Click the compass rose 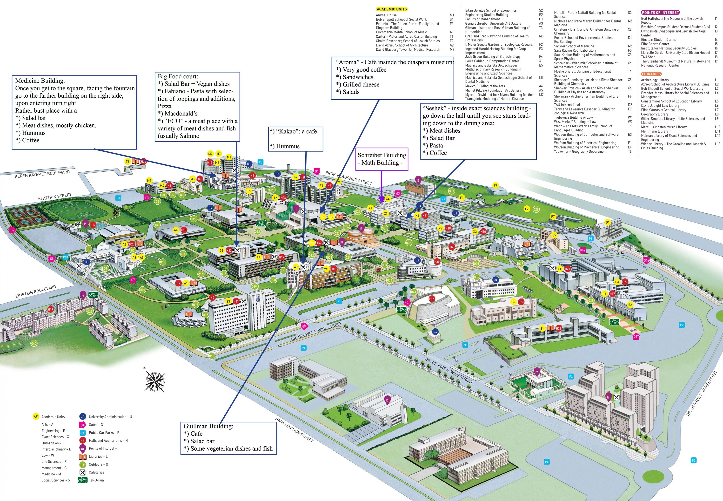click(155, 381)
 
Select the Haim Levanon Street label click(294, 429)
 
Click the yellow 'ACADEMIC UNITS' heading click(392, 9)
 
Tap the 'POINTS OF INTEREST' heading click(660, 13)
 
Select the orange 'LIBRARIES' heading click(651, 74)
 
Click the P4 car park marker click(547, 462)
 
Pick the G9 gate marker click(12, 230)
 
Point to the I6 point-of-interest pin click(387, 399)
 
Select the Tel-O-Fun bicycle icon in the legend click(82, 480)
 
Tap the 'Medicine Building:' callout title click(40, 81)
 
